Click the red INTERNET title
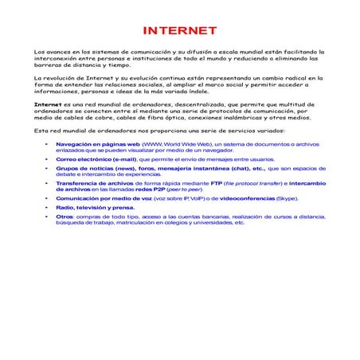pyautogui.click(x=179, y=31)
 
